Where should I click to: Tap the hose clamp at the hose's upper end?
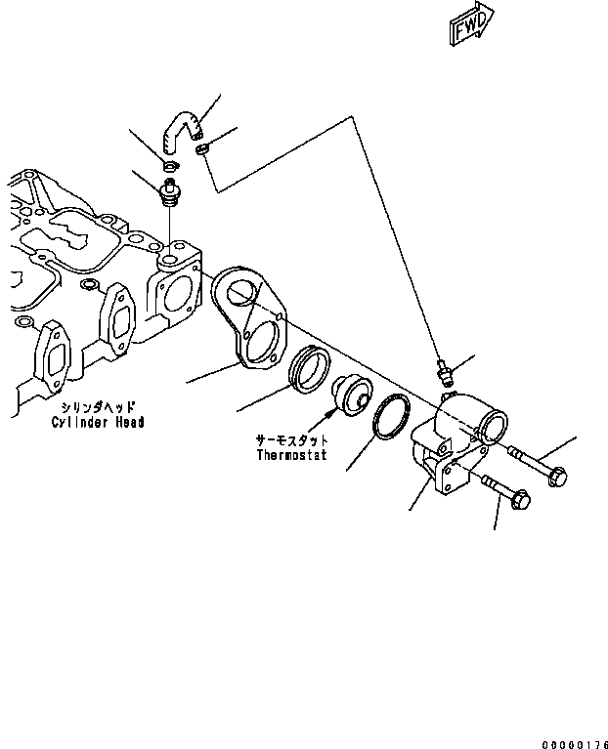tap(203, 148)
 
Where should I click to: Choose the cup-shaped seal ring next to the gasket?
tap(312, 370)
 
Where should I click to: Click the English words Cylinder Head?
tap(99, 422)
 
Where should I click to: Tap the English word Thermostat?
tap(291, 455)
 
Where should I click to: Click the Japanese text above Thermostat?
tap(291, 439)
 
